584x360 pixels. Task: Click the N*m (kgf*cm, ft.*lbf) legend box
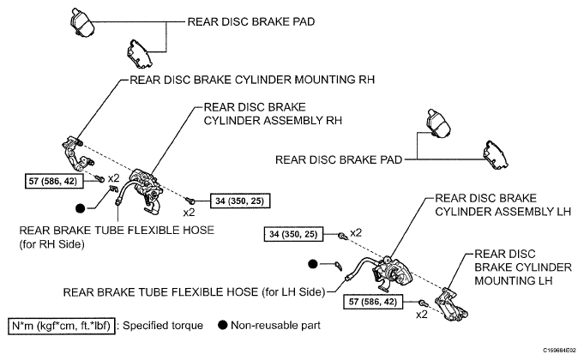click(x=62, y=326)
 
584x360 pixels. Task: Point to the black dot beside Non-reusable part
click(x=223, y=326)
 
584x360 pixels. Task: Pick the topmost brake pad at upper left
click(x=81, y=22)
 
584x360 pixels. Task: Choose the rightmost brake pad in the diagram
click(x=496, y=155)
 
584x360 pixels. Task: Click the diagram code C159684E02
click(x=559, y=351)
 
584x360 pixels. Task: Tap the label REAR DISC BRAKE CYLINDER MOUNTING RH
click(x=252, y=80)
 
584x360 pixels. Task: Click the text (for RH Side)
click(x=51, y=244)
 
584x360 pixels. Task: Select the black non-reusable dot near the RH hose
click(x=80, y=208)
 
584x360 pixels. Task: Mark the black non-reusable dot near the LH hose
click(x=313, y=264)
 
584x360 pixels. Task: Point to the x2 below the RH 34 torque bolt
click(x=189, y=213)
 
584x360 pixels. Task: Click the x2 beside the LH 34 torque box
click(x=356, y=232)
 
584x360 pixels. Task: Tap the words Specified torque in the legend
click(x=163, y=326)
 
